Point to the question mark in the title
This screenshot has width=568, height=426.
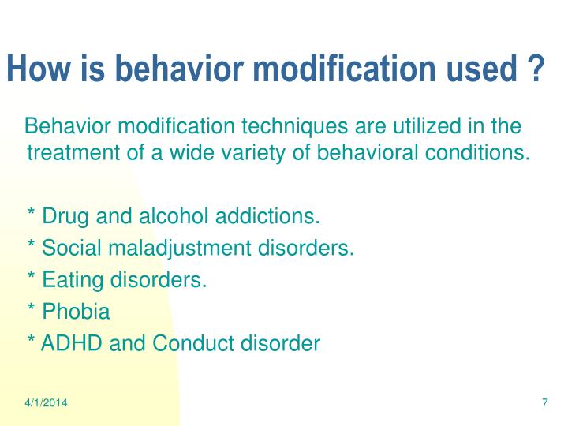(x=536, y=70)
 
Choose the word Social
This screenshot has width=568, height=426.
(x=66, y=248)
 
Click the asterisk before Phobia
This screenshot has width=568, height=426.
(x=31, y=310)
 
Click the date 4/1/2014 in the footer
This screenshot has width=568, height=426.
(x=45, y=403)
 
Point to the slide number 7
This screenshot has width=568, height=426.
(x=544, y=403)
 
